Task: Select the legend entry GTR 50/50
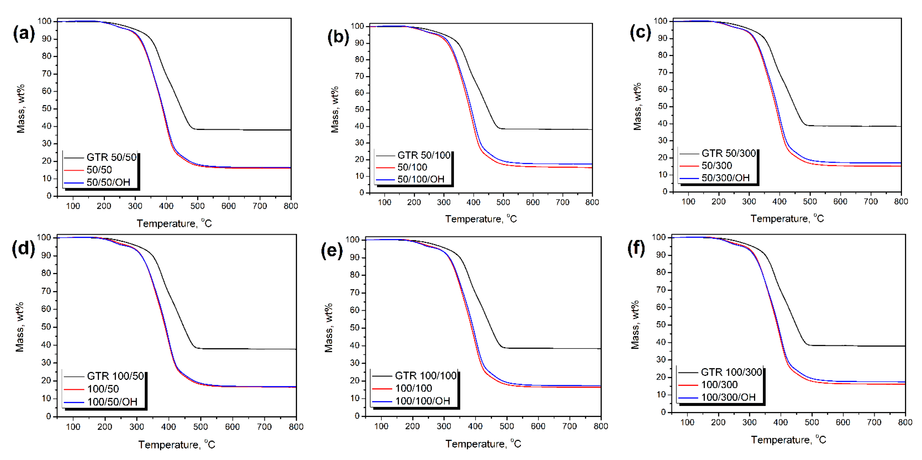coord(111,157)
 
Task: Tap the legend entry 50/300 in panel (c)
coord(717,166)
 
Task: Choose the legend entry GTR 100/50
coord(115,376)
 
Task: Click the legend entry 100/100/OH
coord(422,401)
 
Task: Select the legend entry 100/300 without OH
coord(719,385)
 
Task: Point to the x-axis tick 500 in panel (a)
coord(197,206)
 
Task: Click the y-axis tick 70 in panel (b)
coord(359,76)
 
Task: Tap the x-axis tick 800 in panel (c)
coord(900,202)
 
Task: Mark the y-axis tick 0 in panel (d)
coord(48,416)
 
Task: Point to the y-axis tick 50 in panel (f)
coord(661,325)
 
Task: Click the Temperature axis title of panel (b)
coord(481,219)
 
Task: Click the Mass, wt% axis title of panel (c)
coord(637,107)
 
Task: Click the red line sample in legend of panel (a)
coord(74,170)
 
